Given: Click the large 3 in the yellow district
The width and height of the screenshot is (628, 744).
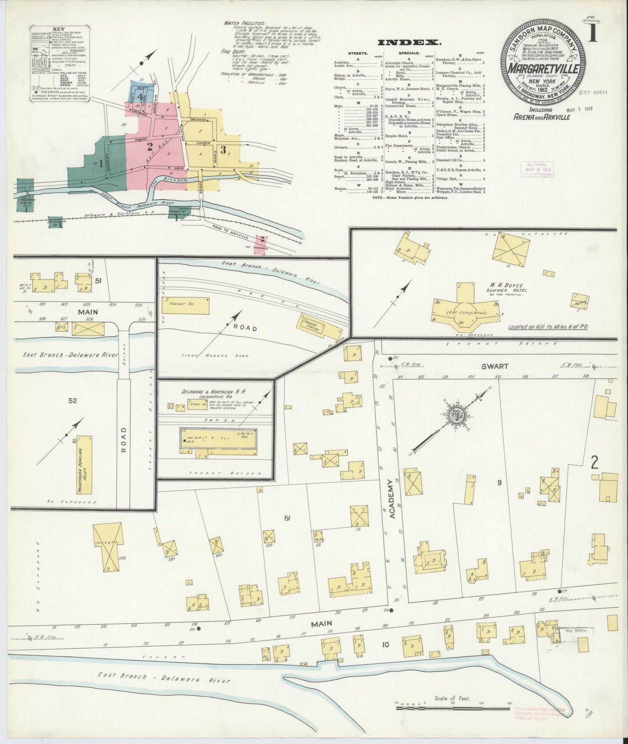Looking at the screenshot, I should click(223, 150).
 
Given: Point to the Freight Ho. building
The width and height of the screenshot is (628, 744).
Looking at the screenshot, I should click(186, 306).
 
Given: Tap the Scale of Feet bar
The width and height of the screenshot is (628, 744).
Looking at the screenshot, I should click(452, 708).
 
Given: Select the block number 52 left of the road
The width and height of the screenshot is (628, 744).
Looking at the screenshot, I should click(72, 401).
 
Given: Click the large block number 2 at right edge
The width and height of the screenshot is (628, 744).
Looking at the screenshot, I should click(594, 463).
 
